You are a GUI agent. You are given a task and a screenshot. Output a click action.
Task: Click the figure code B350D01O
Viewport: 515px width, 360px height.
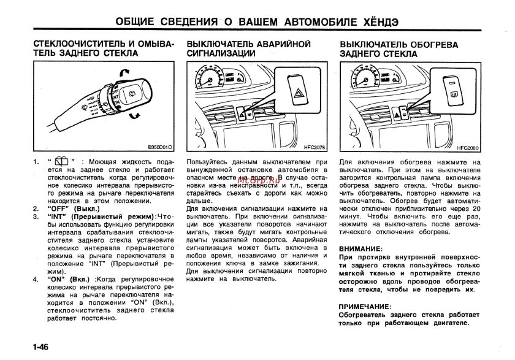pyautogui.click(x=160, y=147)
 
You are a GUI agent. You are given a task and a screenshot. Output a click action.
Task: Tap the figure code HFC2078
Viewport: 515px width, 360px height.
pyautogui.click(x=316, y=147)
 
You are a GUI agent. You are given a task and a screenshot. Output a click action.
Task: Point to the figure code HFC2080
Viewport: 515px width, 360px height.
pyautogui.click(x=469, y=147)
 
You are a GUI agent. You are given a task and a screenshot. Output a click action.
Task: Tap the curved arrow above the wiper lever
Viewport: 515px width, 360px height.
pyautogui.click(x=124, y=73)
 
